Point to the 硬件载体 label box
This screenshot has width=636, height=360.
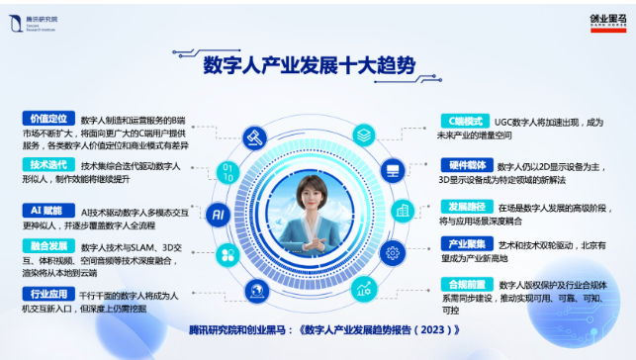[465, 165]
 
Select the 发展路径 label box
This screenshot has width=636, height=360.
[465, 208]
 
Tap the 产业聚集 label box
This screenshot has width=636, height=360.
[465, 242]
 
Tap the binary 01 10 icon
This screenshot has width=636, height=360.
[228, 173]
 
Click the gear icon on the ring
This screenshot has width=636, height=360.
[389, 171]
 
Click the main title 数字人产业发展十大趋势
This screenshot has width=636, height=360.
[309, 65]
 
